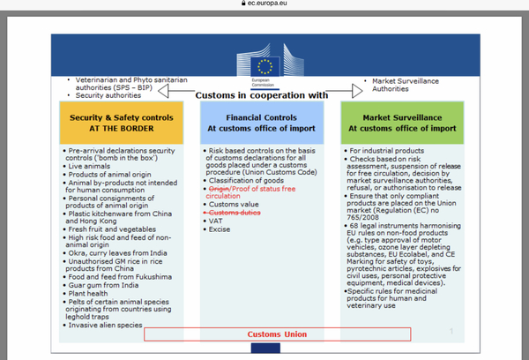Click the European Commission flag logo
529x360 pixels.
(264, 64)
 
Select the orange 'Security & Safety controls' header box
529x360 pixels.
(123, 123)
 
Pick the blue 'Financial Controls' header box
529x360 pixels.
(264, 123)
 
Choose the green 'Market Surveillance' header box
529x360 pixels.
(401, 123)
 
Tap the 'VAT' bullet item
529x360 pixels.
(215, 222)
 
